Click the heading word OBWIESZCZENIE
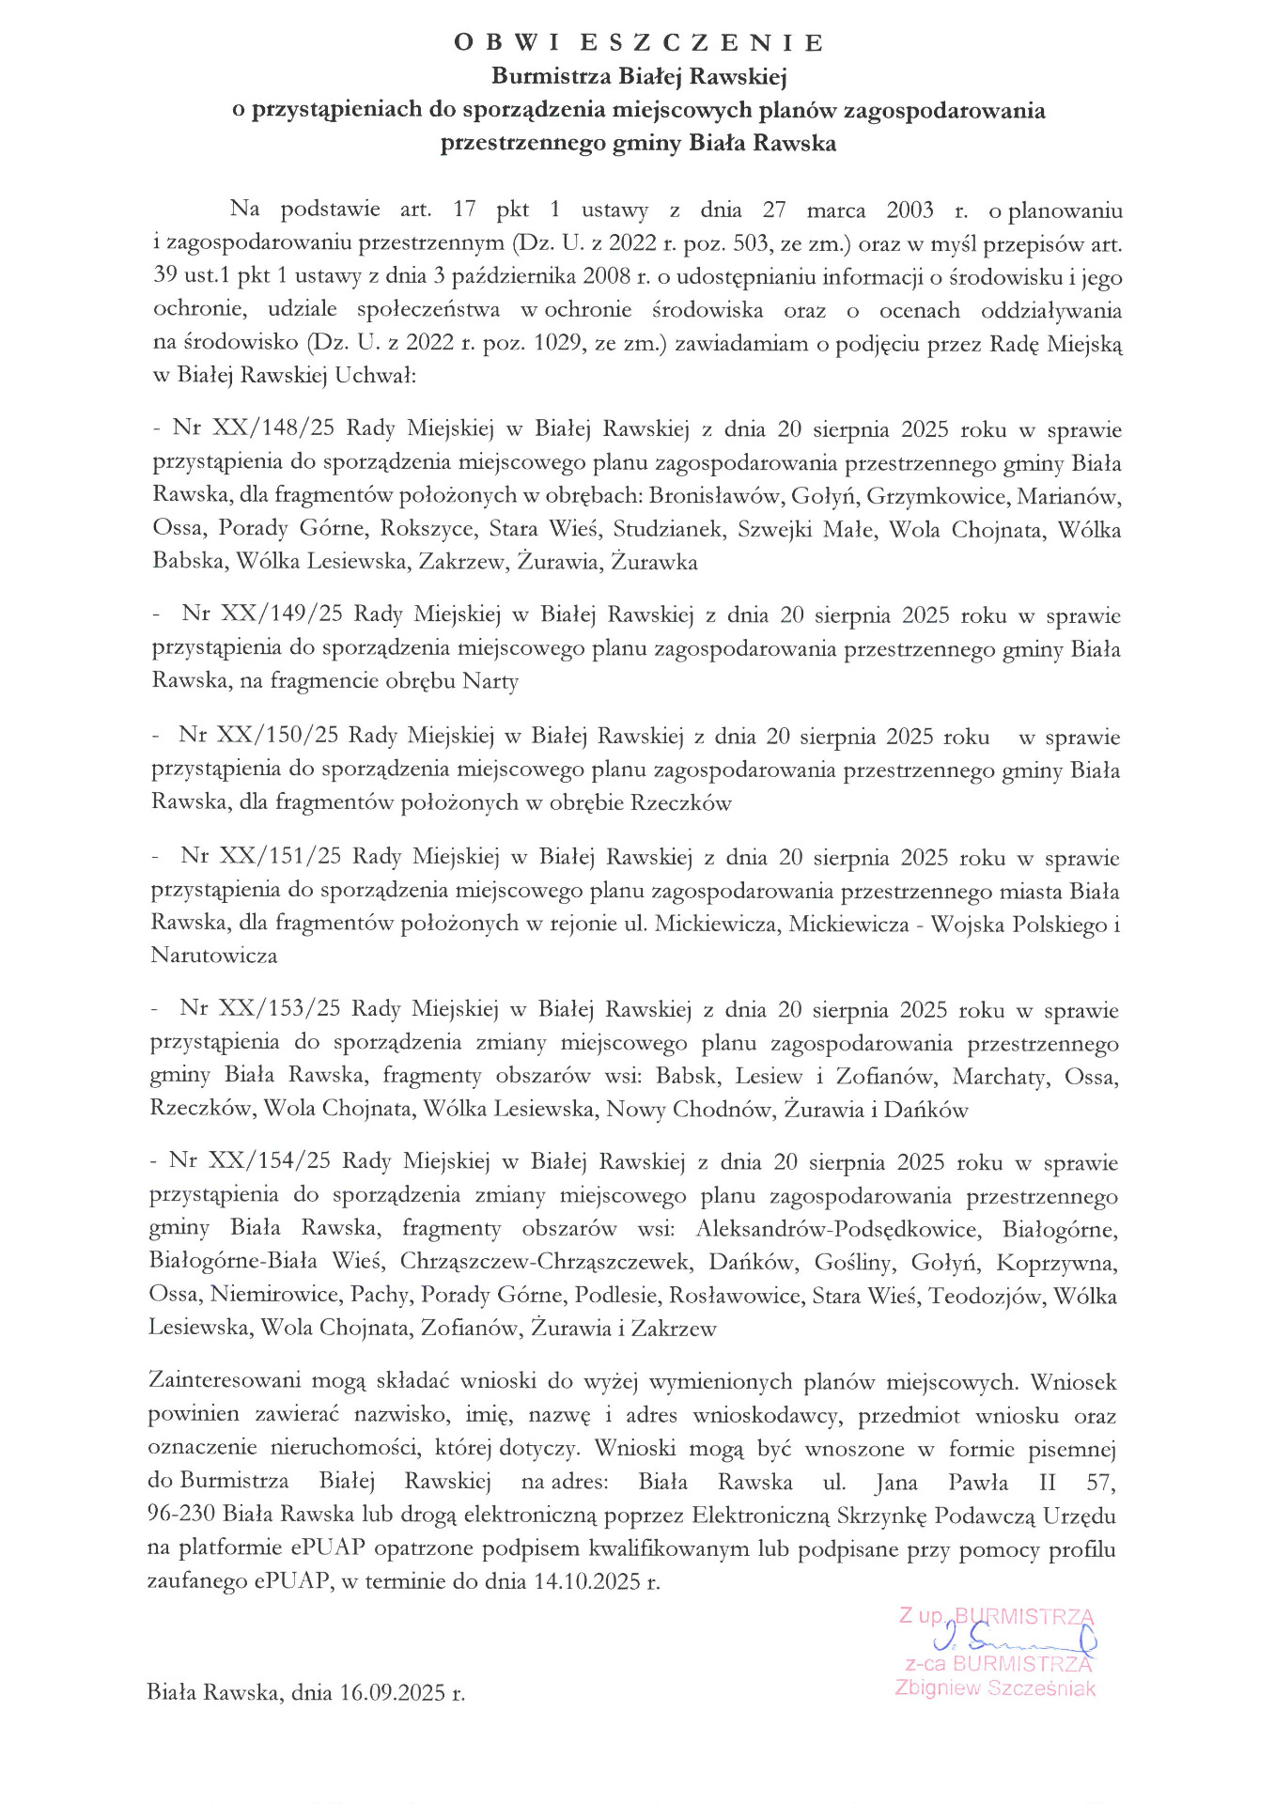coord(639,43)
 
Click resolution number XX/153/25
coord(279,1009)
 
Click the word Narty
coord(490,681)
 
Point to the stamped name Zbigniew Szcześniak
coord(995,1688)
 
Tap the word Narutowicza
coord(214,956)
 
